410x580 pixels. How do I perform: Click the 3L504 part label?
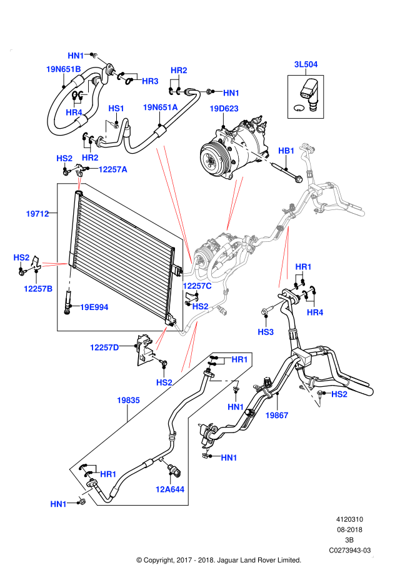(x=306, y=64)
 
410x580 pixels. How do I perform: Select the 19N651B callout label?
(x=63, y=69)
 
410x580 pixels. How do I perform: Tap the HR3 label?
(x=150, y=81)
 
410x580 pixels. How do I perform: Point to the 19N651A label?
(x=160, y=107)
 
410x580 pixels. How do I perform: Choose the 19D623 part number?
(x=224, y=109)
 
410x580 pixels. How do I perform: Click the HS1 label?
(x=116, y=109)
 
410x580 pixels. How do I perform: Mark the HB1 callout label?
(x=286, y=151)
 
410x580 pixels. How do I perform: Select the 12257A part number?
(x=112, y=169)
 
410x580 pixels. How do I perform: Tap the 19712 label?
(x=37, y=214)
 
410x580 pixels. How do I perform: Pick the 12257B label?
(x=38, y=289)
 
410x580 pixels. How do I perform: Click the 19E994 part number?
(x=94, y=307)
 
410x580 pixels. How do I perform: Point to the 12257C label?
(x=197, y=286)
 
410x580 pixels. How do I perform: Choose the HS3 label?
(x=266, y=332)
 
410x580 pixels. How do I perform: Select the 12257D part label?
(x=104, y=347)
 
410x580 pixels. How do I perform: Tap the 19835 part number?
(x=128, y=401)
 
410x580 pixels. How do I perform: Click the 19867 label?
(x=277, y=416)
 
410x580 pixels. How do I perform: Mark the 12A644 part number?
(x=170, y=489)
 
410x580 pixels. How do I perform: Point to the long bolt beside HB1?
(x=252, y=152)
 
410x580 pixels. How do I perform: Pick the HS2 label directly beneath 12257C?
(x=200, y=307)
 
